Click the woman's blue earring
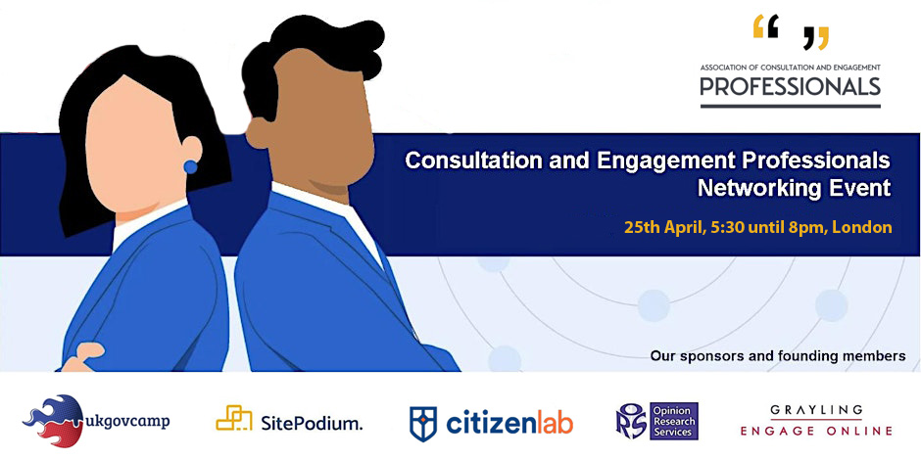point(190,166)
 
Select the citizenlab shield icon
point(423,422)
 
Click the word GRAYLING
point(816,410)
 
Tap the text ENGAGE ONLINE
point(816,431)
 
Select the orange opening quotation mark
point(765,27)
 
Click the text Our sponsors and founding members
point(778,355)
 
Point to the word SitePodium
point(312,423)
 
